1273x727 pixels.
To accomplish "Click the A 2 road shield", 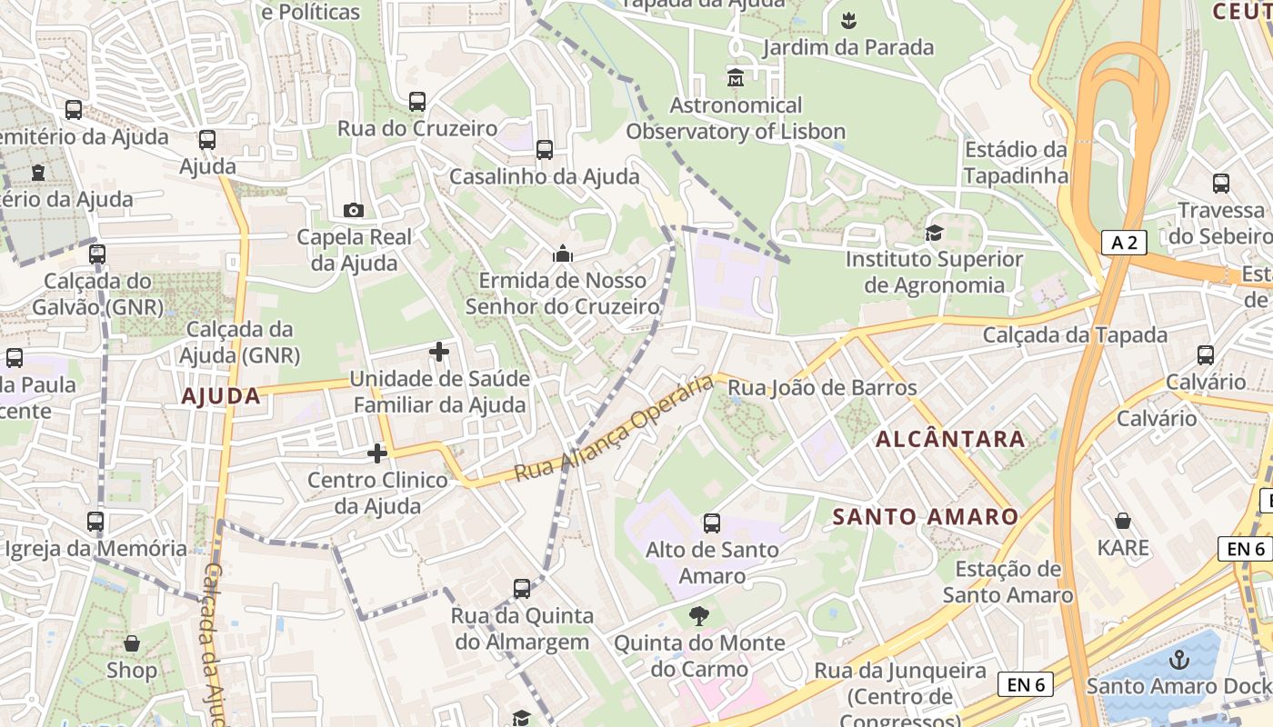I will tap(1124, 242).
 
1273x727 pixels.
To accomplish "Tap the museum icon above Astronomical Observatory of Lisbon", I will tap(736, 78).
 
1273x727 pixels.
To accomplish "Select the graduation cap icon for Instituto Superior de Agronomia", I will tap(934, 234).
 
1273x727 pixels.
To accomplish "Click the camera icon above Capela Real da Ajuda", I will tap(354, 211).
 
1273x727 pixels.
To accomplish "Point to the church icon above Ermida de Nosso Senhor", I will tap(563, 254).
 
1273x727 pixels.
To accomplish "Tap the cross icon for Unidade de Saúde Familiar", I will tap(439, 352).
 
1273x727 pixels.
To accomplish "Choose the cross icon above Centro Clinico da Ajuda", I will tap(377, 453).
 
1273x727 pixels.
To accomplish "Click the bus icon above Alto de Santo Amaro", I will tap(712, 523).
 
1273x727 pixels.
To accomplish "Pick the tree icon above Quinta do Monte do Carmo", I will tap(698, 617).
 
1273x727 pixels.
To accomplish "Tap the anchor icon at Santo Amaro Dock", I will tap(1179, 659).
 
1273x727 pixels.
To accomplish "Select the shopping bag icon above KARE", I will tap(1123, 522).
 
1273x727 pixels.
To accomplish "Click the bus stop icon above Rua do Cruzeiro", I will tap(417, 102).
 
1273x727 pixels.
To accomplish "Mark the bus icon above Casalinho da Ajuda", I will tap(545, 150).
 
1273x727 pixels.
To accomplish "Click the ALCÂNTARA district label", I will tap(950, 439).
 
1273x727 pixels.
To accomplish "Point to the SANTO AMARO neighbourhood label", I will tap(926, 517).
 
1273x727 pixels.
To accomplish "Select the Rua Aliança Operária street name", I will tap(615, 429).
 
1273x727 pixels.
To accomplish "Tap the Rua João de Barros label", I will tap(822, 388).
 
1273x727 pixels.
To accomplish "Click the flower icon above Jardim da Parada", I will tap(848, 20).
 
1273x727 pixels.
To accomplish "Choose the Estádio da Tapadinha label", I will tap(1016, 162).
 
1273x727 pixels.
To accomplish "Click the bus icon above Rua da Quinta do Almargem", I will tap(522, 589).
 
